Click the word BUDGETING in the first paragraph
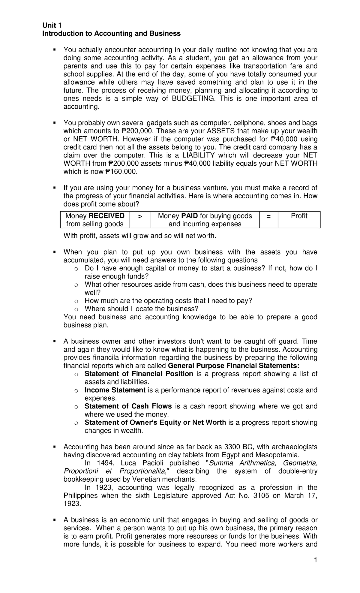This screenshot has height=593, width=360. tap(193, 99)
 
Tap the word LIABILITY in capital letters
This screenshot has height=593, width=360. tap(199, 155)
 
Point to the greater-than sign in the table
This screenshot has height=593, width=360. tap(140, 216)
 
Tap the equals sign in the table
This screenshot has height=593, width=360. tap(268, 216)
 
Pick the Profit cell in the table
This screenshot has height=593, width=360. tap(299, 216)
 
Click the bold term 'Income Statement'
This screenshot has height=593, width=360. tap(115, 390)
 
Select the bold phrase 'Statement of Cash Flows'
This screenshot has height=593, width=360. tap(128, 406)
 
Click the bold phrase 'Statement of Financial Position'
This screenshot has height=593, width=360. tap(139, 374)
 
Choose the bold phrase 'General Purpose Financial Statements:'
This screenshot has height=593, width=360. tap(233, 366)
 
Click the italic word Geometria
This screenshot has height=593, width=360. tap(300, 463)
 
